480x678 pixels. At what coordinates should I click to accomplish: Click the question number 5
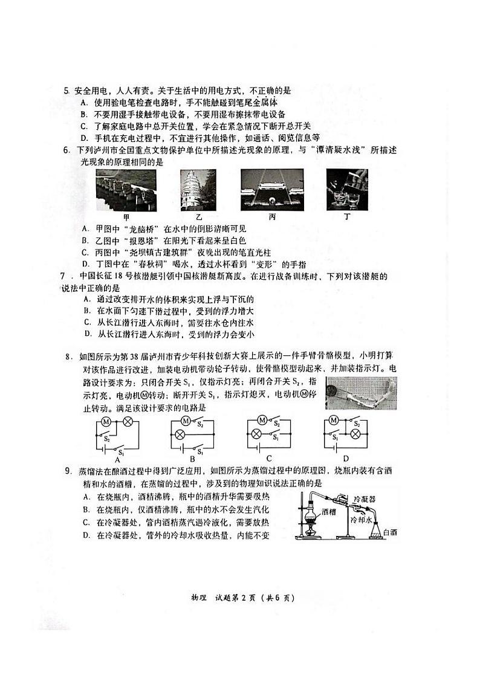click(67, 91)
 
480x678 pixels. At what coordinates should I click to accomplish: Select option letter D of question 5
click(84, 137)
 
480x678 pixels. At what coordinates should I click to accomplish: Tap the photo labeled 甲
click(126, 190)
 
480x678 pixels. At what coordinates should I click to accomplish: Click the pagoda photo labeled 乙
click(198, 190)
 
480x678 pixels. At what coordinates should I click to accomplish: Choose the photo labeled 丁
click(347, 190)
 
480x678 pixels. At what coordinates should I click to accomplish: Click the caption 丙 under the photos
click(272, 216)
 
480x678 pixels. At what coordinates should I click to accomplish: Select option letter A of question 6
click(84, 229)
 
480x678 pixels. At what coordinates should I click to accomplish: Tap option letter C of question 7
click(88, 323)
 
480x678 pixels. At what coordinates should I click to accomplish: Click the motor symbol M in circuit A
click(105, 421)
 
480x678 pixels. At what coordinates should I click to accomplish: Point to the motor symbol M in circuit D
click(332, 421)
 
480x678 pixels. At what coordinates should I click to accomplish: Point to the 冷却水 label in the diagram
click(362, 520)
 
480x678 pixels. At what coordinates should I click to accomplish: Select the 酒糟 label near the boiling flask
click(328, 511)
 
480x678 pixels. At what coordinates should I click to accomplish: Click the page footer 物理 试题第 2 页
click(242, 598)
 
